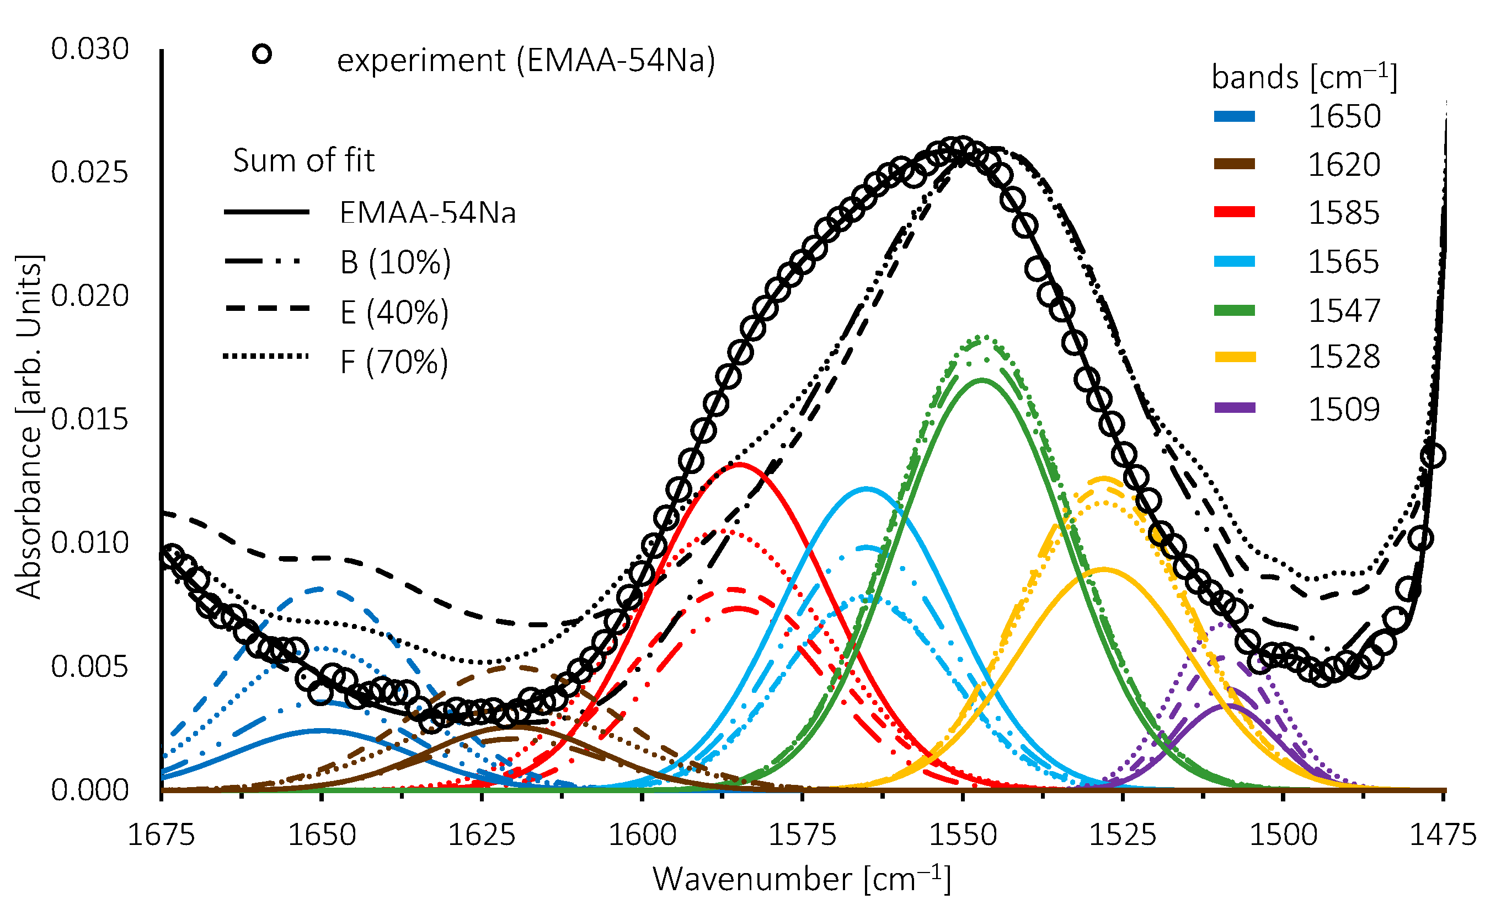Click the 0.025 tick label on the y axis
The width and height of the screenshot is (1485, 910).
pyautogui.click(x=90, y=173)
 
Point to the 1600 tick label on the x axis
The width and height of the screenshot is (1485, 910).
pyautogui.click(x=642, y=834)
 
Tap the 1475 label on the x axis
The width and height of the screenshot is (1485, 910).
pyautogui.click(x=1443, y=834)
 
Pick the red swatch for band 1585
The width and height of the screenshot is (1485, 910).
pyautogui.click(x=1235, y=212)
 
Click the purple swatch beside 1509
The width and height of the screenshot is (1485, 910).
pyautogui.click(x=1235, y=408)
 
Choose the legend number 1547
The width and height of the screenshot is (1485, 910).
pyautogui.click(x=1343, y=311)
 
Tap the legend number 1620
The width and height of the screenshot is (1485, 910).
pyautogui.click(x=1343, y=164)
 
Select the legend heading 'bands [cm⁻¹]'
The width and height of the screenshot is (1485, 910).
pyautogui.click(x=1304, y=77)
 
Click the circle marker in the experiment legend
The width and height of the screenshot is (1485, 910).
pyautogui.click(x=261, y=54)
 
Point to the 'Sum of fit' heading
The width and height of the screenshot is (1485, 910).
pyautogui.click(x=304, y=160)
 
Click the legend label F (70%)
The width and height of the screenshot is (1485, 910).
pyautogui.click(x=394, y=362)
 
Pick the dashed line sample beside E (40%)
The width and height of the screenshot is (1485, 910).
pyautogui.click(x=266, y=308)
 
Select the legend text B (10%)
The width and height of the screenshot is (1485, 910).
pyautogui.click(x=396, y=262)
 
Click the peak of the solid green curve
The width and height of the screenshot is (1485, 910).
pyautogui.click(x=982, y=380)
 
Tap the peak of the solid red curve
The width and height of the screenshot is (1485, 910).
pyautogui.click(x=738, y=464)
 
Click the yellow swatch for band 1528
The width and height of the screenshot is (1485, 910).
pyautogui.click(x=1235, y=358)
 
